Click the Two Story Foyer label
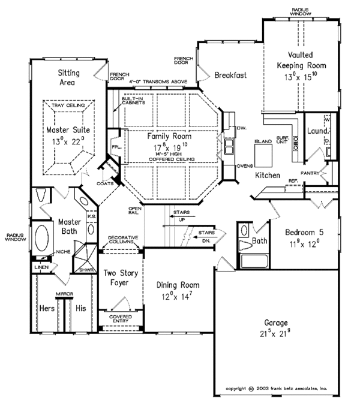[x=119, y=278]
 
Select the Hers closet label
[x=46, y=309]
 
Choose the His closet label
[x=80, y=309]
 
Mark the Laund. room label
[x=317, y=131]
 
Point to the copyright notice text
[x=280, y=388]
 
